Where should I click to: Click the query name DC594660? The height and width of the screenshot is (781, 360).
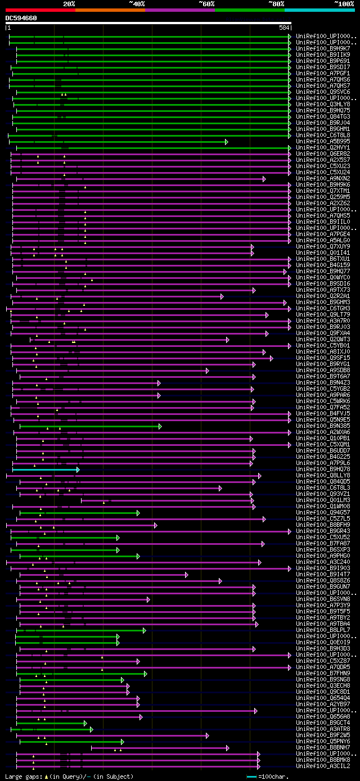pyautogui.click(x=21, y=18)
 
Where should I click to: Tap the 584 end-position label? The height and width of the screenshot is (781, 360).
pyautogui.click(x=284, y=28)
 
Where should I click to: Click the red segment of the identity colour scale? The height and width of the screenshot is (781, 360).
pyautogui.click(x=40, y=10)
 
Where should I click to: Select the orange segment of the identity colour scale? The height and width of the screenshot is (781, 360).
pyautogui.click(x=110, y=10)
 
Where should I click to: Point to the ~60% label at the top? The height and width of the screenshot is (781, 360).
pyautogui.click(x=206, y=4)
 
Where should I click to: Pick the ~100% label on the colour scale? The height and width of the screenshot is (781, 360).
pyautogui.click(x=344, y=4)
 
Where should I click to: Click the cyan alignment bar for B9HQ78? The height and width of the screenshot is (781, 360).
pyautogui.click(x=45, y=469)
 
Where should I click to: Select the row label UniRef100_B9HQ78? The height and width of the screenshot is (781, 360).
pyautogui.click(x=323, y=469)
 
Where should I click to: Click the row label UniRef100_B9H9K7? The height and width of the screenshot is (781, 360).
pyautogui.click(x=323, y=49)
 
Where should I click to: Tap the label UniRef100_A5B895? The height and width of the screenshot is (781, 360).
pyautogui.click(x=323, y=142)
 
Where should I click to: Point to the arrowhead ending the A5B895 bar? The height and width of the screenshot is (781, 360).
pyautogui.click(x=226, y=142)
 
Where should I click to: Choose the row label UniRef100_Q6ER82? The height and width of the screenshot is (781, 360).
pyautogui.click(x=323, y=154)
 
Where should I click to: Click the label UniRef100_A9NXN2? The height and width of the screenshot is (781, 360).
pyautogui.click(x=323, y=179)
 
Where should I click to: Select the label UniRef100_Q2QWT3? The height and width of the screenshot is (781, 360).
pyautogui.click(x=323, y=340)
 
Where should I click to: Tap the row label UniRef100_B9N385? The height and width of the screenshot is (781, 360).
pyautogui.click(x=323, y=426)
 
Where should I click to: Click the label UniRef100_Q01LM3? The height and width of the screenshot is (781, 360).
pyautogui.click(x=323, y=500)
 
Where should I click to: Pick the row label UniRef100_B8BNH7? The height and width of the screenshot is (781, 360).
pyautogui.click(x=323, y=748)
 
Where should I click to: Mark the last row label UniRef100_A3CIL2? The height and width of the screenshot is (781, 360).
pyautogui.click(x=323, y=766)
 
